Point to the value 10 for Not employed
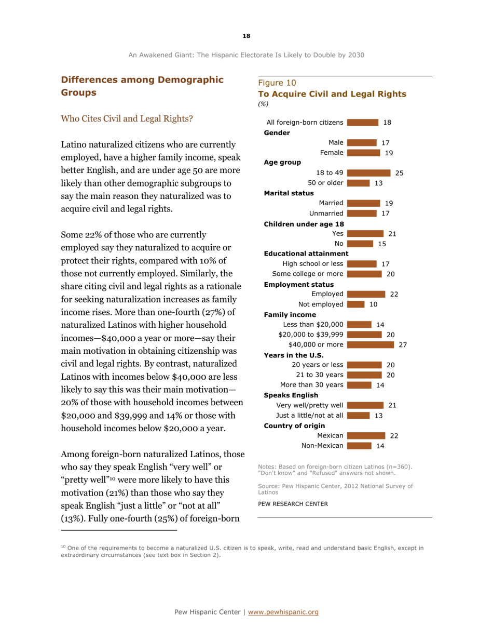[373, 289]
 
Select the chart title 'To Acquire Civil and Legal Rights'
[332, 94]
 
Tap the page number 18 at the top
[246, 35]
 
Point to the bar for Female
[364, 153]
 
